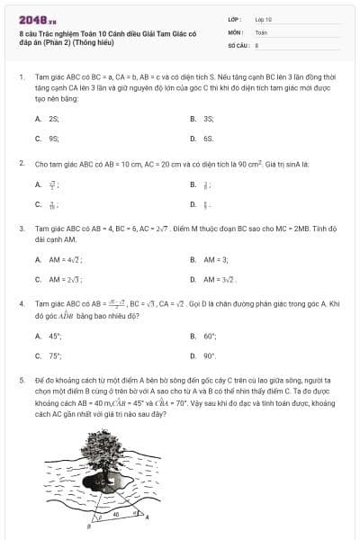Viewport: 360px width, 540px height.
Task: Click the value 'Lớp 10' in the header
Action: point(263,18)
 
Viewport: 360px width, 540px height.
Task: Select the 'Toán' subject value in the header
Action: point(261,31)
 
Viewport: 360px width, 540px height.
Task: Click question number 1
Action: point(21,76)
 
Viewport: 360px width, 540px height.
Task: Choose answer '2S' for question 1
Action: point(54,118)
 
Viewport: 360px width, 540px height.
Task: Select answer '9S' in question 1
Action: point(54,139)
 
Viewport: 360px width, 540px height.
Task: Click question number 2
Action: point(21,165)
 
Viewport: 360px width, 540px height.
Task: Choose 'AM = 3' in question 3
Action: point(214,259)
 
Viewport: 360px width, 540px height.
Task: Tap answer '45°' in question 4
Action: point(55,336)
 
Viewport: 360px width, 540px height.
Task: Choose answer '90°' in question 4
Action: point(210,355)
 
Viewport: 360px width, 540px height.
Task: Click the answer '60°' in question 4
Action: point(210,336)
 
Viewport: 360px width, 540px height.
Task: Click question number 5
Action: point(21,381)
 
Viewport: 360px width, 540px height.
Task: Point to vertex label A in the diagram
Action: point(148,517)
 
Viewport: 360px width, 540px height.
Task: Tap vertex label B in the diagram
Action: point(88,526)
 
